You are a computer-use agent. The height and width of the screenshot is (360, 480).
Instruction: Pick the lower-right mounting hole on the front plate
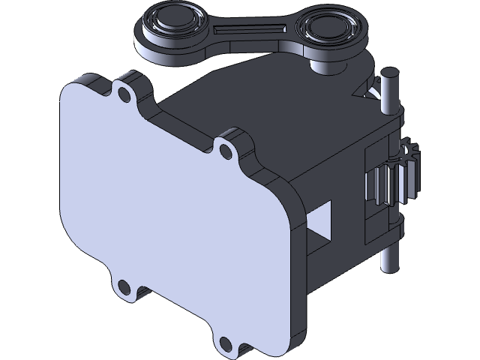pos(225,343)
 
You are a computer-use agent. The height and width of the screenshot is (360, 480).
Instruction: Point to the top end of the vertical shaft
pos(389,75)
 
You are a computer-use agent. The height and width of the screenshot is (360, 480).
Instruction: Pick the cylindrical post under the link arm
pos(327,66)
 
